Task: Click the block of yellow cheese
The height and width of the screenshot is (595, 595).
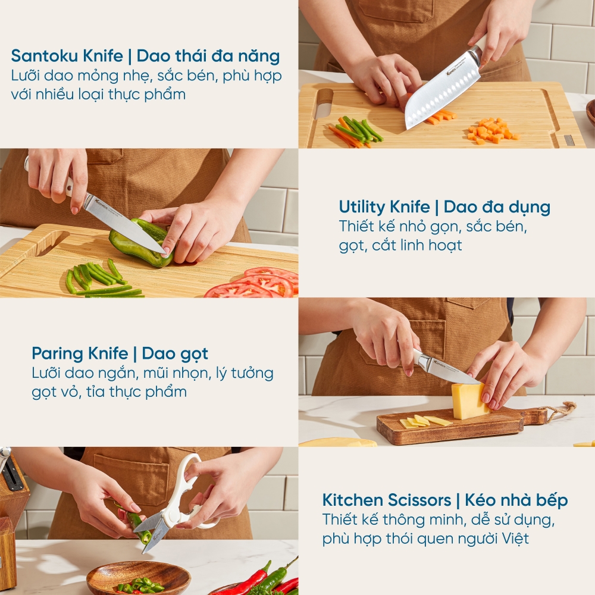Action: coord(470,400)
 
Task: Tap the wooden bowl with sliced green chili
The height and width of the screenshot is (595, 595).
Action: coord(138,578)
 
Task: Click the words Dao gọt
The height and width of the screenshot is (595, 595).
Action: coord(175,353)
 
